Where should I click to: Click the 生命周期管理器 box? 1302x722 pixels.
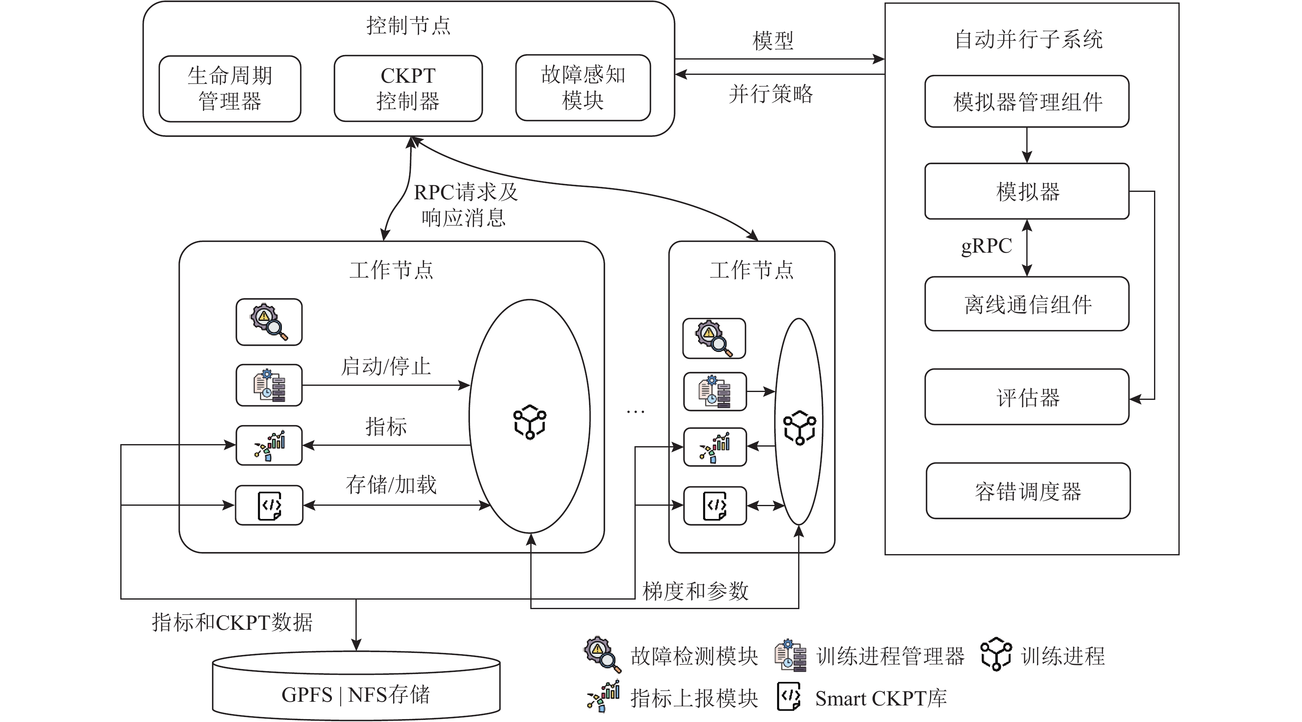(x=229, y=88)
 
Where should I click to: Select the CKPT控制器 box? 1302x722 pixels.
(x=408, y=88)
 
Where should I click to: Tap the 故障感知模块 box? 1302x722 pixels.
(x=583, y=88)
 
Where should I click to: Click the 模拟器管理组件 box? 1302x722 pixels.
(x=1027, y=102)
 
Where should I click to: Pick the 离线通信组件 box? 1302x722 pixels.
(x=1027, y=304)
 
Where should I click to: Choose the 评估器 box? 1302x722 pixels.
(x=1027, y=397)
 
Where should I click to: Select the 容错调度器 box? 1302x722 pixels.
(x=1028, y=491)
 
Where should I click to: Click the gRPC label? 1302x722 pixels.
(x=986, y=246)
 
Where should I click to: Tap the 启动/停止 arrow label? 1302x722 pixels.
(x=386, y=366)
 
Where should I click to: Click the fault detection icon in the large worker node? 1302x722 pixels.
(x=269, y=322)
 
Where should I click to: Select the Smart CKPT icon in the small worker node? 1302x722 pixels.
(x=715, y=506)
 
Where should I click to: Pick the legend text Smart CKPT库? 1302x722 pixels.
(x=880, y=699)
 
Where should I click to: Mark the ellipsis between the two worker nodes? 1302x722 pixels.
(x=635, y=412)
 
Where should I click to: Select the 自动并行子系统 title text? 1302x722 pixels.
(x=1028, y=39)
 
